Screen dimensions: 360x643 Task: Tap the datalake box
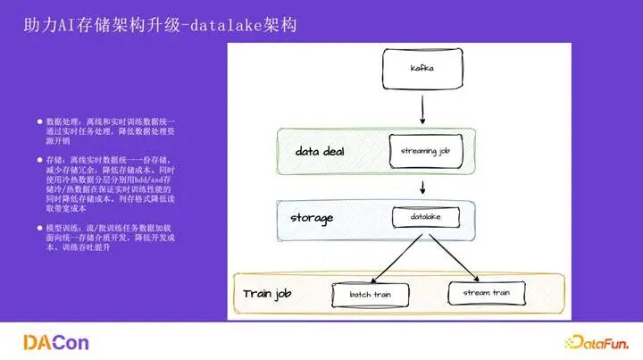420,217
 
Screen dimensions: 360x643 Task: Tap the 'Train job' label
270,293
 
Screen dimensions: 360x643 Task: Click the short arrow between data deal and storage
421,187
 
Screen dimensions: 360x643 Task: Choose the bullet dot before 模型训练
39,227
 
